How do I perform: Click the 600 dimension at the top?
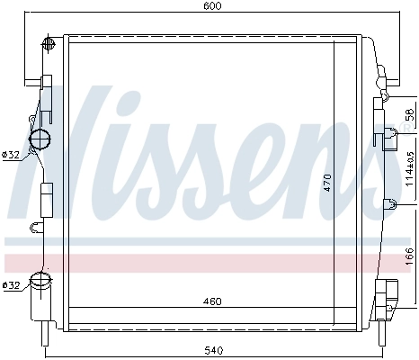click(x=211, y=6)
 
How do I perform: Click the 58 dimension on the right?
click(x=409, y=116)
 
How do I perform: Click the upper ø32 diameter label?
click(x=11, y=155)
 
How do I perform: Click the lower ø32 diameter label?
click(x=11, y=286)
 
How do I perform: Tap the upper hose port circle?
click(x=41, y=139)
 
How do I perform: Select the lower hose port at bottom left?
click(x=41, y=281)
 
